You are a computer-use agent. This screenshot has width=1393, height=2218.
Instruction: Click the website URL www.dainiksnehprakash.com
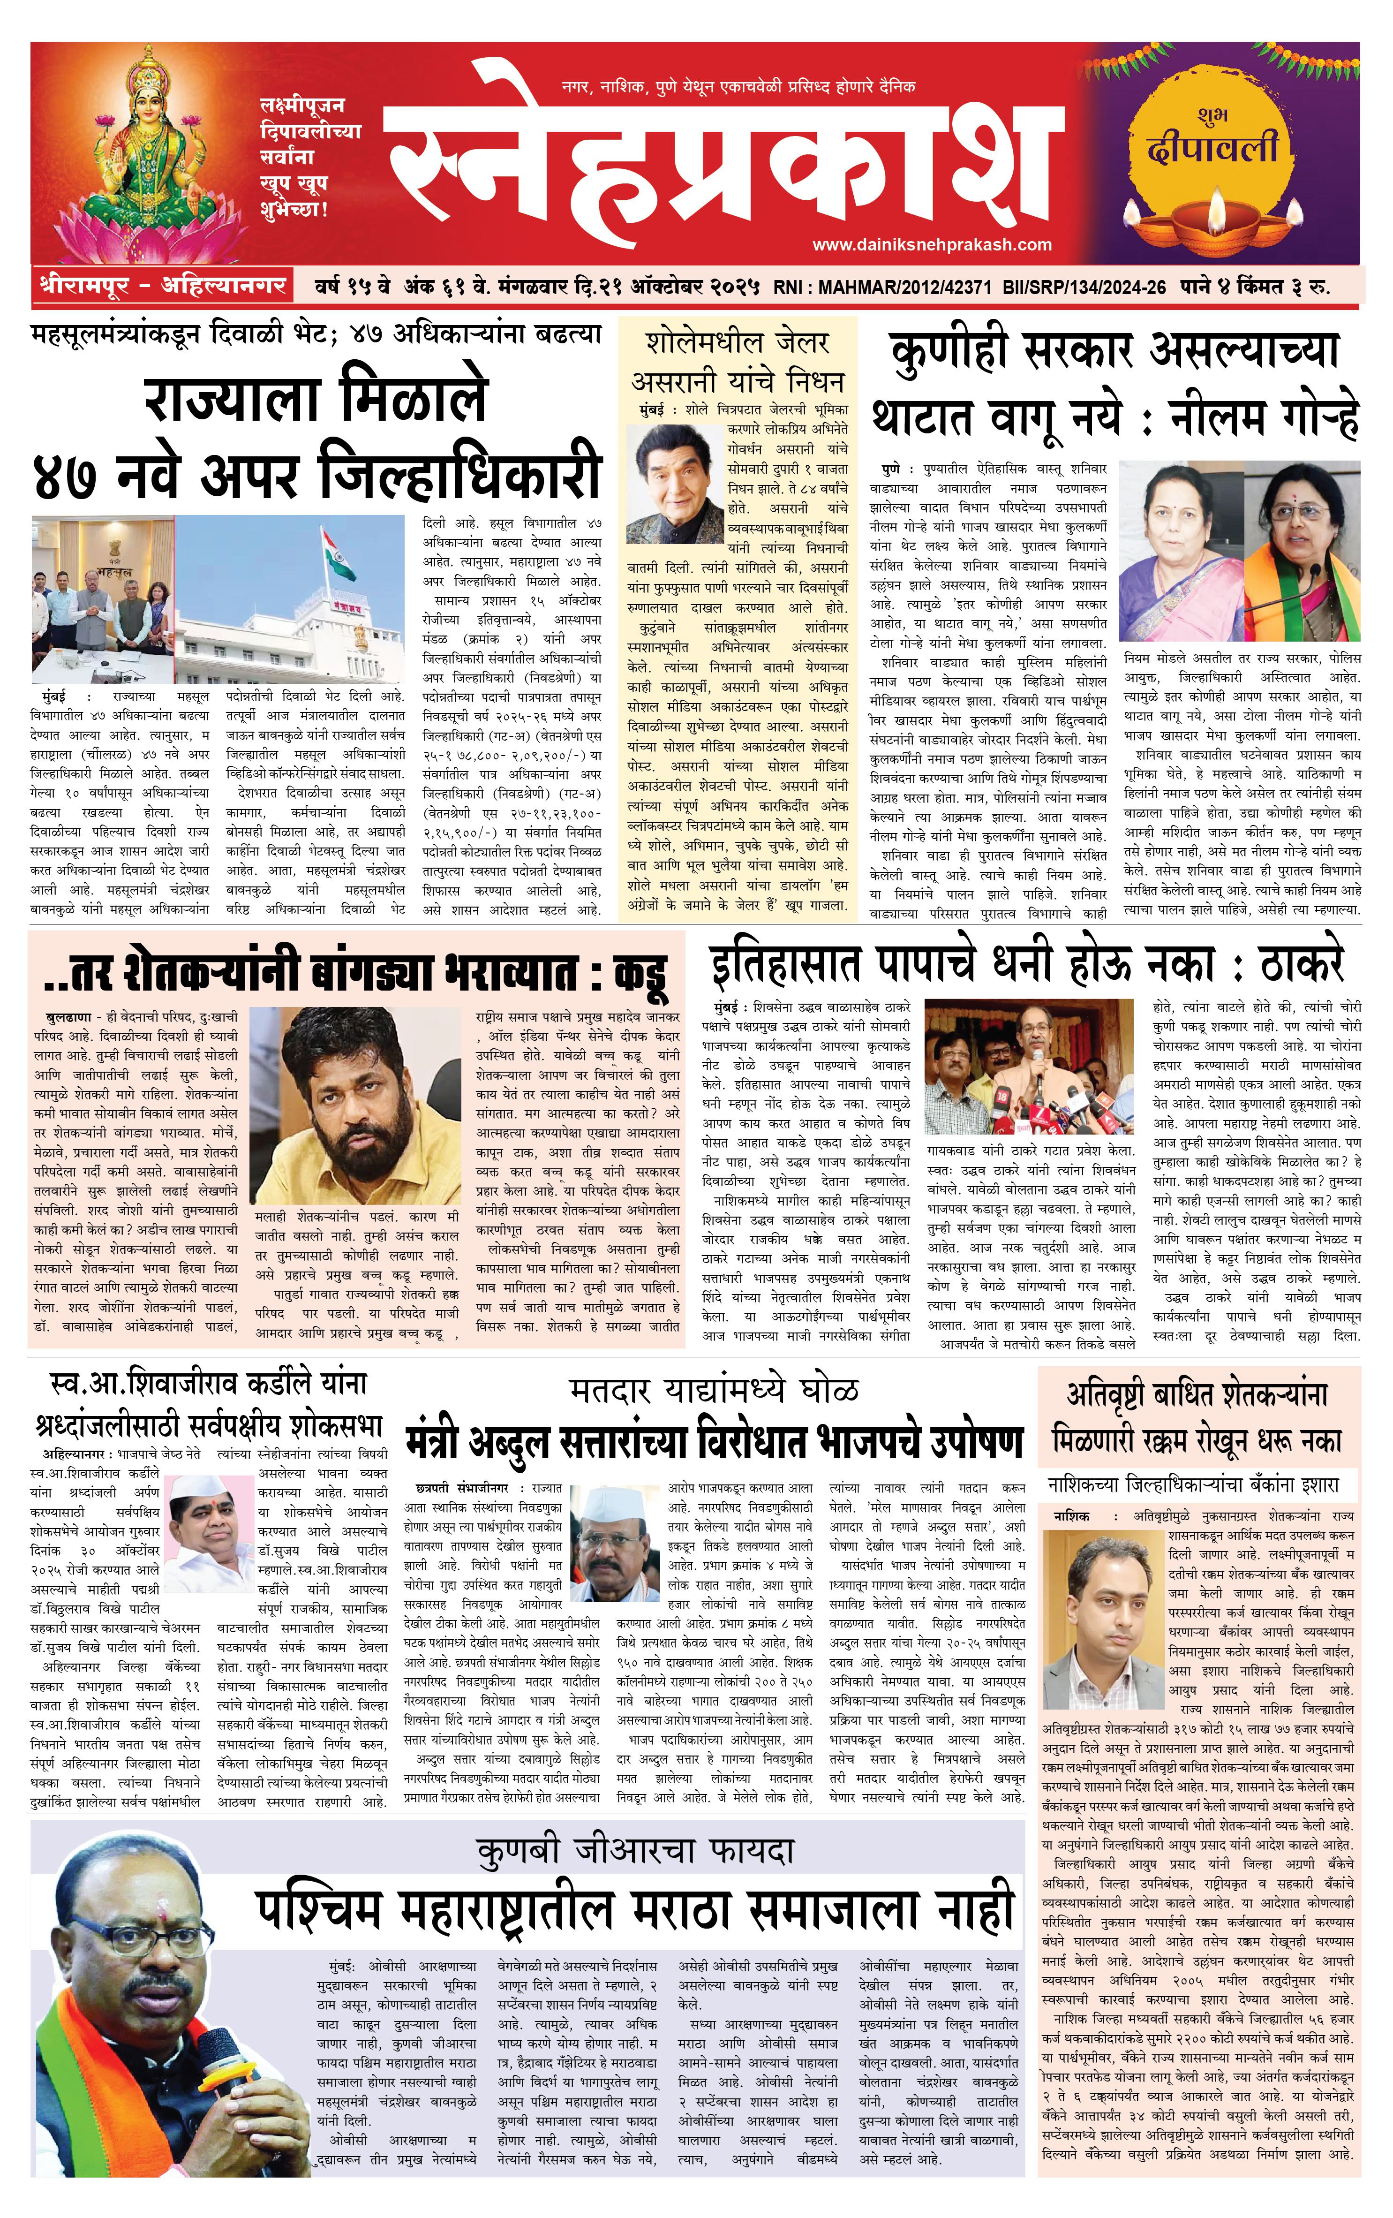(x=932, y=244)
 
